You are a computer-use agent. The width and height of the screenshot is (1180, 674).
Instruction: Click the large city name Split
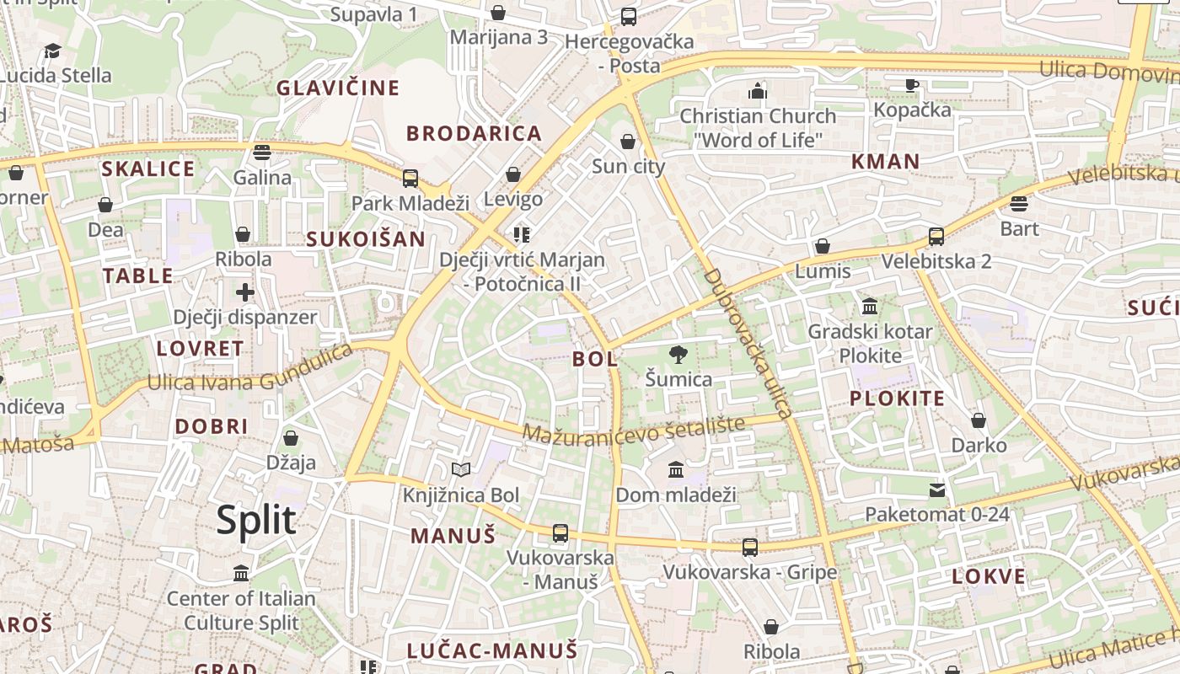tap(256, 520)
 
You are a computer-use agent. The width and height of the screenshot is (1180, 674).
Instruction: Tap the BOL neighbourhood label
tap(595, 359)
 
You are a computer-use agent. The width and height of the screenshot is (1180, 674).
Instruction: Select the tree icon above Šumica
tap(677, 354)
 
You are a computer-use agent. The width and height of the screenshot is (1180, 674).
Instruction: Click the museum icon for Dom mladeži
tap(676, 469)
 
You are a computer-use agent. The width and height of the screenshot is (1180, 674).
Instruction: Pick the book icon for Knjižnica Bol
tap(460, 469)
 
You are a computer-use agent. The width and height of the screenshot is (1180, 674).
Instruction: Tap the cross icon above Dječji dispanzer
tap(245, 292)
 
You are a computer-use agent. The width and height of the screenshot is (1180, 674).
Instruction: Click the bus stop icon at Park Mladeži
tap(410, 179)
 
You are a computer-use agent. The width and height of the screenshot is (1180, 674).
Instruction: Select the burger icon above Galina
tap(262, 152)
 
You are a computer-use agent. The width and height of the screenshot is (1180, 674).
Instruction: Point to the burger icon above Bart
tap(1019, 203)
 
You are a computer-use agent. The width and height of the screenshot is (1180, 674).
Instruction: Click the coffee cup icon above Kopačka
tap(911, 84)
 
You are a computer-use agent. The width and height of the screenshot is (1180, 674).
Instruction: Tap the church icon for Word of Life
tap(758, 90)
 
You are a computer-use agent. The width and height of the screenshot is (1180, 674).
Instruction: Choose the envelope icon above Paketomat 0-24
tap(937, 489)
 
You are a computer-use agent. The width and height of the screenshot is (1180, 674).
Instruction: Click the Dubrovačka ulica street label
tap(748, 343)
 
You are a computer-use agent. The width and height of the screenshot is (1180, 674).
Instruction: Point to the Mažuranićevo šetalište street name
tap(634, 429)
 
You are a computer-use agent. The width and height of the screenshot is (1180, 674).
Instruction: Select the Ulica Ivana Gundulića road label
tap(250, 368)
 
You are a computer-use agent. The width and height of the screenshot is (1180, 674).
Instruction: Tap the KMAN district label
tap(885, 161)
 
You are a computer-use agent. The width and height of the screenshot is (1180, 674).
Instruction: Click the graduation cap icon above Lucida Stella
tap(53, 51)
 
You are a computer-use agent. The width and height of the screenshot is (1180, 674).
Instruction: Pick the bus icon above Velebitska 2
tap(936, 236)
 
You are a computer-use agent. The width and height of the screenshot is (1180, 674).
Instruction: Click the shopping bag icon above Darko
tap(979, 420)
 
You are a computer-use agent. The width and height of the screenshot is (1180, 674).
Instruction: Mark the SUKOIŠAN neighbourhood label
tap(366, 239)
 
